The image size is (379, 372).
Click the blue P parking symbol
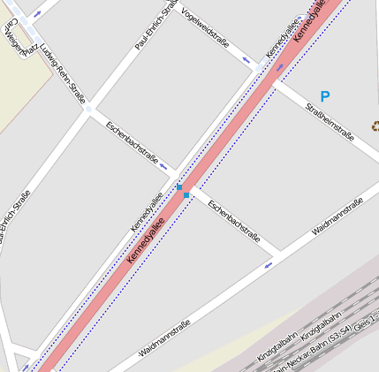tap(325, 97)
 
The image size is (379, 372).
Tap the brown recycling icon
tap(375, 126)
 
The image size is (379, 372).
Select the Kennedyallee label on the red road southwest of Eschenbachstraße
tap(147, 241)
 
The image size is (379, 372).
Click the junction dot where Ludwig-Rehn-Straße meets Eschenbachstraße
tap(88, 109)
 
